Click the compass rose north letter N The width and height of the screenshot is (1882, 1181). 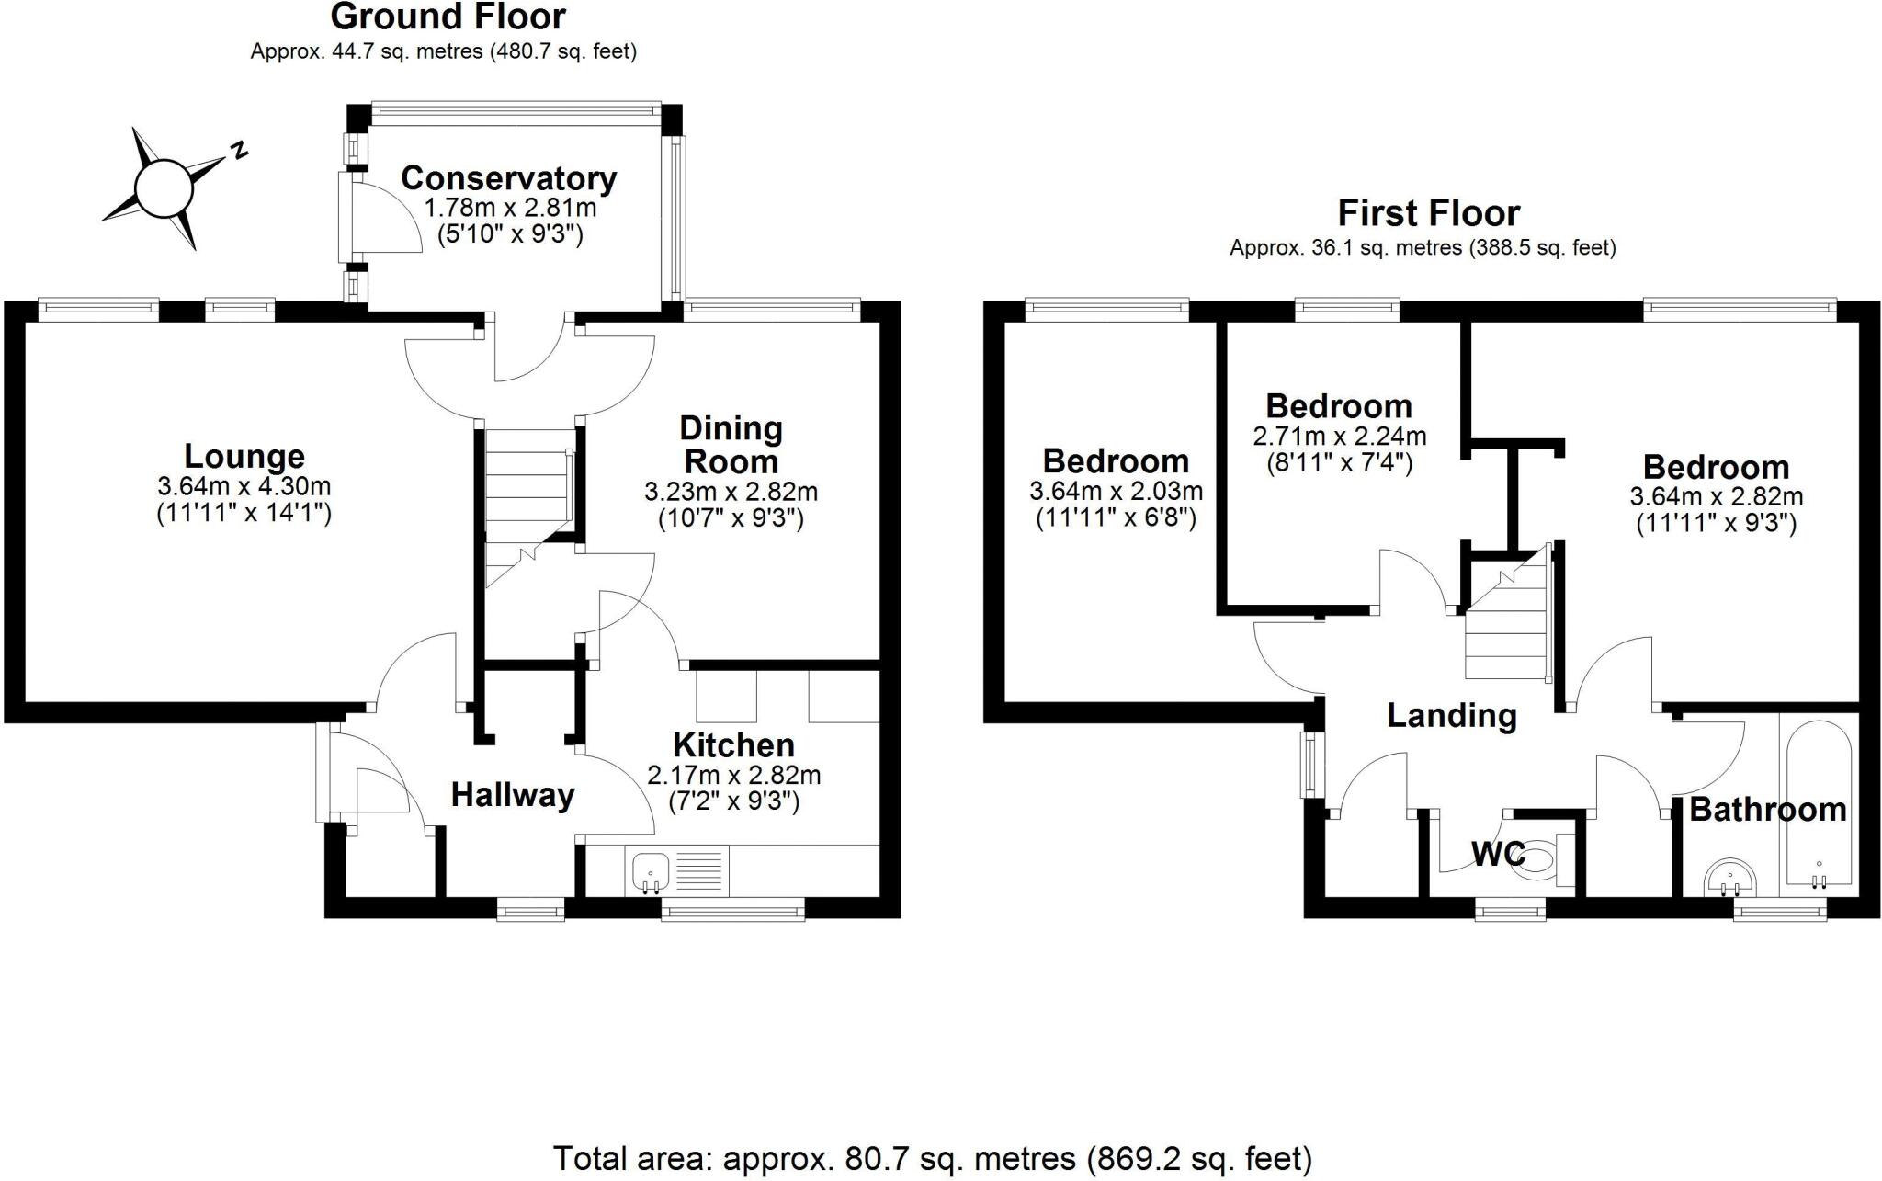(239, 150)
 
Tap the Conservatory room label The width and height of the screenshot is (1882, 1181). (508, 177)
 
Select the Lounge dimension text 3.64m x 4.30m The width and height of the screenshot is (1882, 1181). (244, 486)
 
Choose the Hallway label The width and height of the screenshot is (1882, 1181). (512, 795)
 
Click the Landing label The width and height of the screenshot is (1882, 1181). (1451, 715)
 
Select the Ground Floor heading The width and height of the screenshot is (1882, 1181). (448, 17)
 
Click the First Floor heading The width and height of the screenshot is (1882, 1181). (1428, 213)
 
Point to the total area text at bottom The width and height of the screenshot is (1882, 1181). (932, 1158)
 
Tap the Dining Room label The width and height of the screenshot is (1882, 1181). (731, 444)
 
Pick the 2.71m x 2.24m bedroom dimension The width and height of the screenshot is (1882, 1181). (1339, 435)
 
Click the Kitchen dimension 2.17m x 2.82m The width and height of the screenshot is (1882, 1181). (733, 775)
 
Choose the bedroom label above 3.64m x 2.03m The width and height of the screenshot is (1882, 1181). (1115, 460)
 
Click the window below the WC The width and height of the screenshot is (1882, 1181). (1510, 911)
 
